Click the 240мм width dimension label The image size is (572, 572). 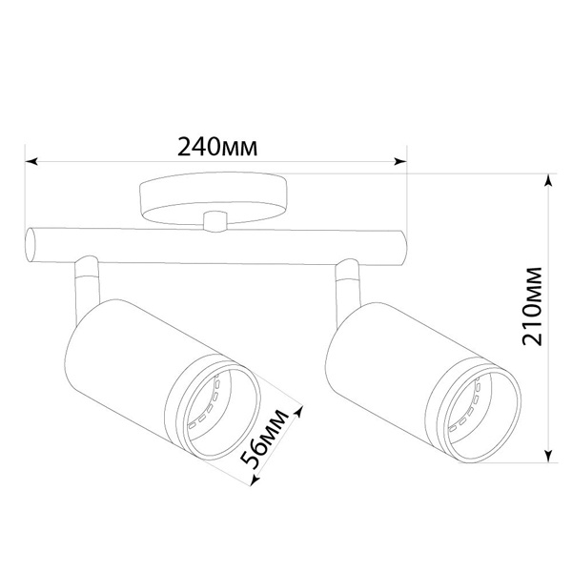217,147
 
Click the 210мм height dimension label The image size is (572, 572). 532,306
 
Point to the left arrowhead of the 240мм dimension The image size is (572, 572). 31,161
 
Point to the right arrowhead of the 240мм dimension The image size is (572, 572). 400,161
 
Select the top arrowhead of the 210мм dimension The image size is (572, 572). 548,180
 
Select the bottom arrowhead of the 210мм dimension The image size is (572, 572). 548,457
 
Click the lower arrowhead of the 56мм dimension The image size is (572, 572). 255,480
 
